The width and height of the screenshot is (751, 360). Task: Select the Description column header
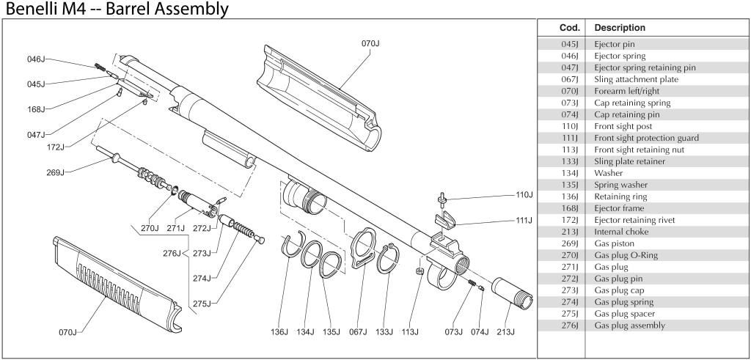tap(620, 28)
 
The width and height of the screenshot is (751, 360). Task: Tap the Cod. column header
tap(570, 28)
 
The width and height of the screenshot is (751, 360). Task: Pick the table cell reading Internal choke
tap(621, 232)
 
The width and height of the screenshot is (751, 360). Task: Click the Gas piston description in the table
tap(615, 243)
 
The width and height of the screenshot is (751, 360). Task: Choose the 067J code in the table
tap(570, 79)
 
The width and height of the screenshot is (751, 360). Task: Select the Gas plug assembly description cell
tap(629, 326)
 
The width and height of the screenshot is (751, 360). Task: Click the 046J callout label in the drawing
tap(37, 59)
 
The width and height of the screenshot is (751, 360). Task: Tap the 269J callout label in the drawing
tap(56, 172)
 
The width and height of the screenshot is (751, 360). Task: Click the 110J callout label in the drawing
tap(524, 196)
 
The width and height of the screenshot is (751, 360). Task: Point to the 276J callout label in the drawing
tap(172, 253)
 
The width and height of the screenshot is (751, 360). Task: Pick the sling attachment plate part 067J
tap(364, 249)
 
